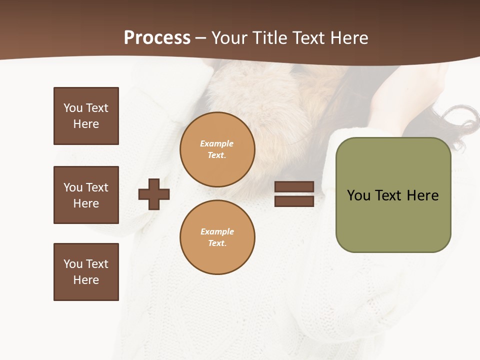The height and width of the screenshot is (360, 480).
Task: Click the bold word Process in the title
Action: click(157, 37)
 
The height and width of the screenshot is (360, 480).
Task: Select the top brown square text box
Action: click(86, 116)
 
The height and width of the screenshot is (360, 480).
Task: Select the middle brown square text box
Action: click(86, 195)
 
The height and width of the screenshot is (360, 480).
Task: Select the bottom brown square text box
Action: click(86, 272)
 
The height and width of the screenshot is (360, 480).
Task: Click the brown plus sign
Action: click(154, 194)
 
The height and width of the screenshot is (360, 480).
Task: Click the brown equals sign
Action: click(294, 194)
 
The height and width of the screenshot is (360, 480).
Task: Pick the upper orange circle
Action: click(217, 149)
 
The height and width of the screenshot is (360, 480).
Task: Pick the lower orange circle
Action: click(217, 237)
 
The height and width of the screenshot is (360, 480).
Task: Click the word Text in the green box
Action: click(389, 195)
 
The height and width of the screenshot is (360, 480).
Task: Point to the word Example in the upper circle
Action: click(216, 143)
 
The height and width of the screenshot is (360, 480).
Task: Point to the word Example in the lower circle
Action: click(217, 231)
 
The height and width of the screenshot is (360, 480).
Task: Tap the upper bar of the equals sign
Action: click(294, 186)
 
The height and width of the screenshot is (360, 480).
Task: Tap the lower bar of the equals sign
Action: click(294, 201)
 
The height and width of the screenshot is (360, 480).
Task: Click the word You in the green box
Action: click(358, 195)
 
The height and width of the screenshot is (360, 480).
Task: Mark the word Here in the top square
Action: click(86, 124)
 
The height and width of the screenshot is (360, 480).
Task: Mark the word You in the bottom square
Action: click(73, 264)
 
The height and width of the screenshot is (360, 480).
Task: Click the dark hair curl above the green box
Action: click(462, 120)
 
